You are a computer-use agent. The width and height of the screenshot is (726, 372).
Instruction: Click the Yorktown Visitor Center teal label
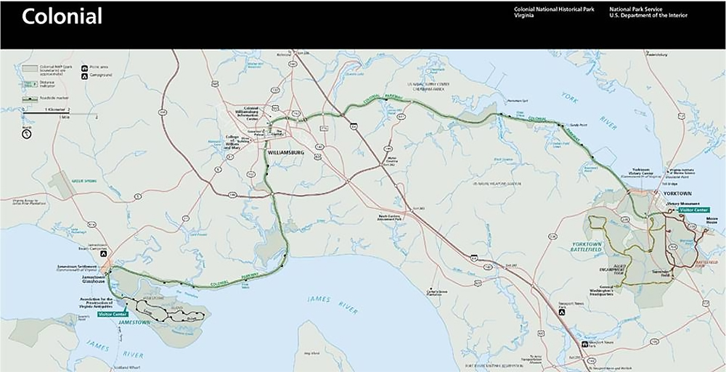pos(693,210)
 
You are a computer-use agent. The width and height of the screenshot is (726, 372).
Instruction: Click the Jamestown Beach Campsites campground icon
pos(104,254)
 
